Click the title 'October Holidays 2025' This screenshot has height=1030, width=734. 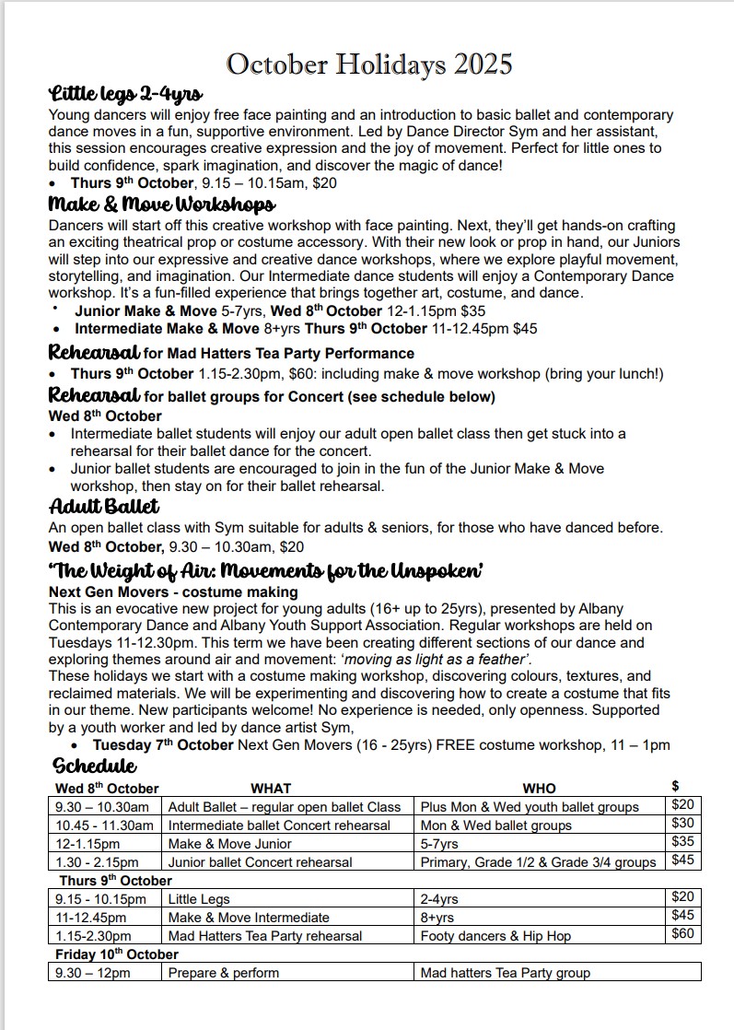click(x=368, y=64)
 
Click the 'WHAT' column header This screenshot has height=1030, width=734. click(x=270, y=788)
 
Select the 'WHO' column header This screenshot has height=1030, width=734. click(x=539, y=788)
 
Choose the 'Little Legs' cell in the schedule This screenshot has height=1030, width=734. click(x=199, y=898)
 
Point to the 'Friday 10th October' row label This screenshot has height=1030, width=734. click(x=117, y=954)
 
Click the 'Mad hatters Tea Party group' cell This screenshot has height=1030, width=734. click(x=505, y=972)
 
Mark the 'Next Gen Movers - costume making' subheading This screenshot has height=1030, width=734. click(x=173, y=591)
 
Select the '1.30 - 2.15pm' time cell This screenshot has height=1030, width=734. click(x=97, y=861)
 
